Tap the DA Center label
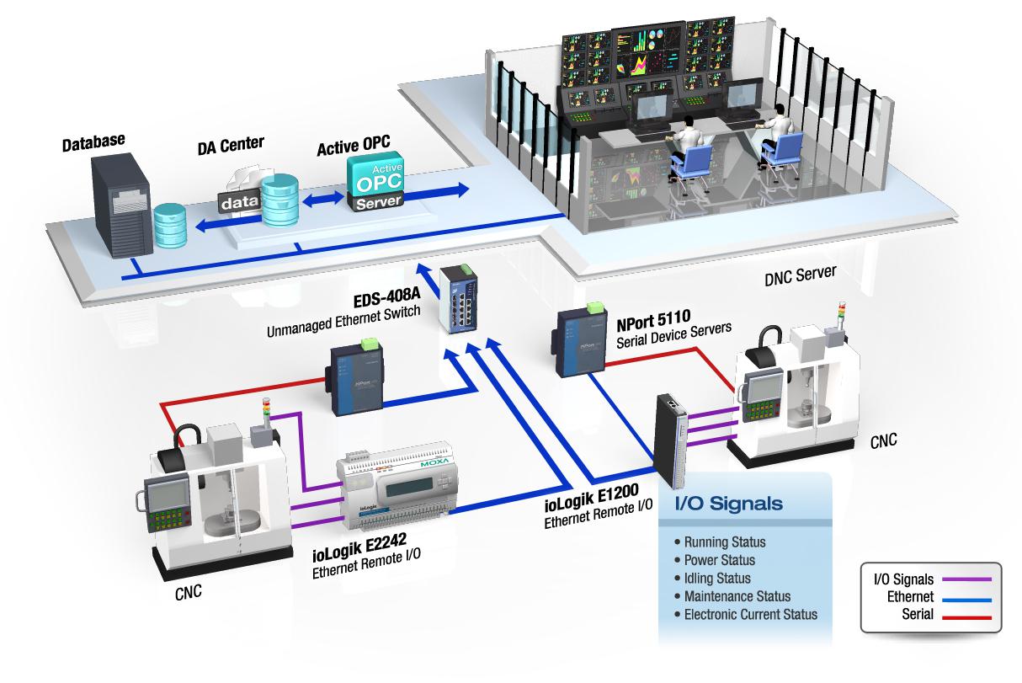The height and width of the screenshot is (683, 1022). [231, 146]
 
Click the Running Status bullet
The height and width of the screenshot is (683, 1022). [725, 542]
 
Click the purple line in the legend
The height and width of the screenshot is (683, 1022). [968, 579]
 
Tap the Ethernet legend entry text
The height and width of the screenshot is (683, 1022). [910, 596]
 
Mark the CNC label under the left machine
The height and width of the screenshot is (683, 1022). [188, 591]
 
